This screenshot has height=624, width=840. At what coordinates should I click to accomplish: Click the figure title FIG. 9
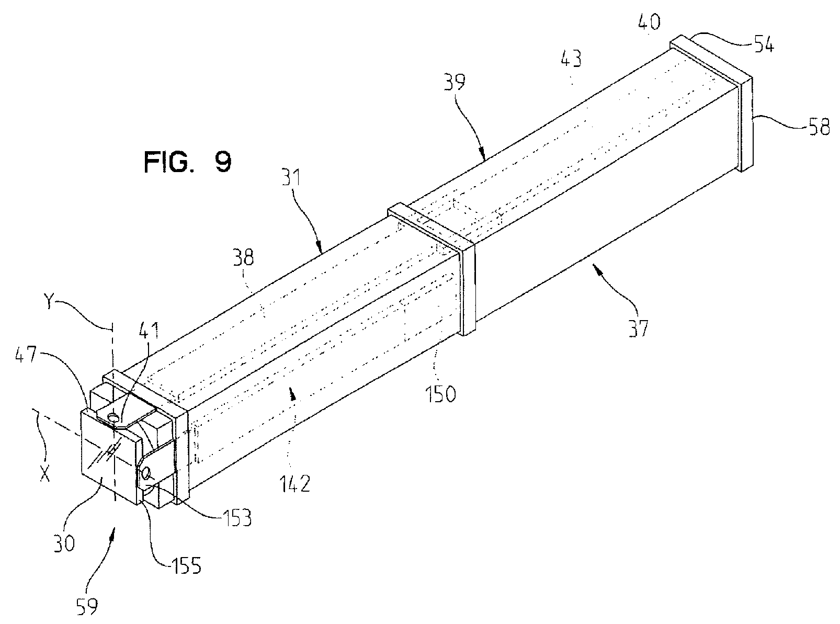click(x=187, y=162)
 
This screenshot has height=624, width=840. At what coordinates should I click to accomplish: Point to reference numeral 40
click(x=649, y=21)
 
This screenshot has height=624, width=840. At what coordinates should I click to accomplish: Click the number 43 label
click(x=571, y=59)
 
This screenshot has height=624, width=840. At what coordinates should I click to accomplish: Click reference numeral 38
click(x=243, y=258)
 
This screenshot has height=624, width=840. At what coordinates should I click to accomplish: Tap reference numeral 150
click(x=439, y=393)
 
